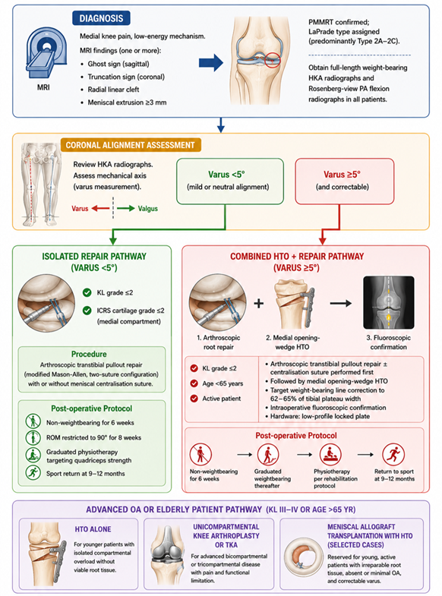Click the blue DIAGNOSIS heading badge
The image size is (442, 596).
pyautogui.click(x=101, y=18)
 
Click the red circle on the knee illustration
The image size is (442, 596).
pyautogui.click(x=272, y=60)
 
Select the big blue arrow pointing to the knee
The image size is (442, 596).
pyautogui.click(x=211, y=62)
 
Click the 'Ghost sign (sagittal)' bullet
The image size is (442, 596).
pyautogui.click(x=118, y=64)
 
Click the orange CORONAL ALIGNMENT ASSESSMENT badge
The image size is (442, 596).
pyautogui.click(x=131, y=145)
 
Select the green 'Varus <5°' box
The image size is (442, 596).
pyautogui.click(x=229, y=181)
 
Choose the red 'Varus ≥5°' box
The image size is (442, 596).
pyautogui.click(x=344, y=181)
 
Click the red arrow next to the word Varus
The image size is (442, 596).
pyautogui.click(x=101, y=208)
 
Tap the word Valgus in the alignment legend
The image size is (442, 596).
pyautogui.click(x=148, y=209)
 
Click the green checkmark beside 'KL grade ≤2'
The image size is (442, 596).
pyautogui.click(x=87, y=292)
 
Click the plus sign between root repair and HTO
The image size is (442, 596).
pyautogui.click(x=258, y=304)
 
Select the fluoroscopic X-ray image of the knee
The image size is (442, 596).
pyautogui.click(x=388, y=303)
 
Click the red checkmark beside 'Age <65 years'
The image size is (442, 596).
pyautogui.click(x=194, y=383)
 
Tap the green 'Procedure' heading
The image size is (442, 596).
pyautogui.click(x=89, y=354)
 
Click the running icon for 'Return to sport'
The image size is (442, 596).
pyautogui.click(x=393, y=454)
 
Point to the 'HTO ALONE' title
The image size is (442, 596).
pyautogui.click(x=93, y=529)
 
